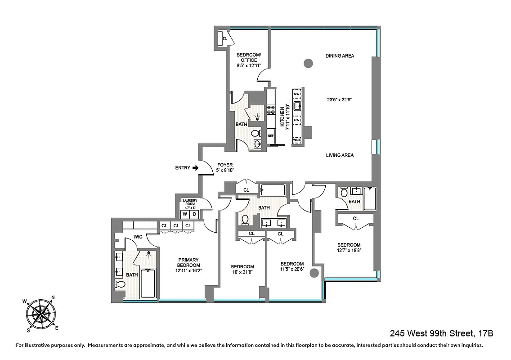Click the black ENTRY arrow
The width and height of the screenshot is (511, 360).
(195, 168)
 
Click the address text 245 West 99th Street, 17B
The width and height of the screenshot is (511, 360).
(441, 333)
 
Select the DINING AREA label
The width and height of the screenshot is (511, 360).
(340, 56)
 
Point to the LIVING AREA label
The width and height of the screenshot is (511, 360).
(340, 155)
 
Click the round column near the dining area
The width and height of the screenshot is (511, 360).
(308, 63)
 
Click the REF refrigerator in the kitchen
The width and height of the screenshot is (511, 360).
(271, 135)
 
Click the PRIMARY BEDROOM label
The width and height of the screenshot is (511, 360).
(188, 265)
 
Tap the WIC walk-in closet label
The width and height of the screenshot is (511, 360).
(138, 237)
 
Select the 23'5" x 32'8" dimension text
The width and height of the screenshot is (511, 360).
(340, 101)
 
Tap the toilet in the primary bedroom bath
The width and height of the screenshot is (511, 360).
(120, 284)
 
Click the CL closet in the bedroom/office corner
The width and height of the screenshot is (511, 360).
(224, 39)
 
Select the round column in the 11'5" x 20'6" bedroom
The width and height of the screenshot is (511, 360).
(314, 273)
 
